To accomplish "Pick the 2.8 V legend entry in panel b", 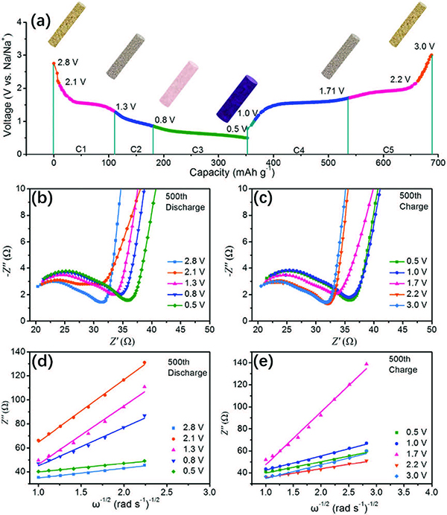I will coord(191,262).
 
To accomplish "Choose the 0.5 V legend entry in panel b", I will coord(191,305).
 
